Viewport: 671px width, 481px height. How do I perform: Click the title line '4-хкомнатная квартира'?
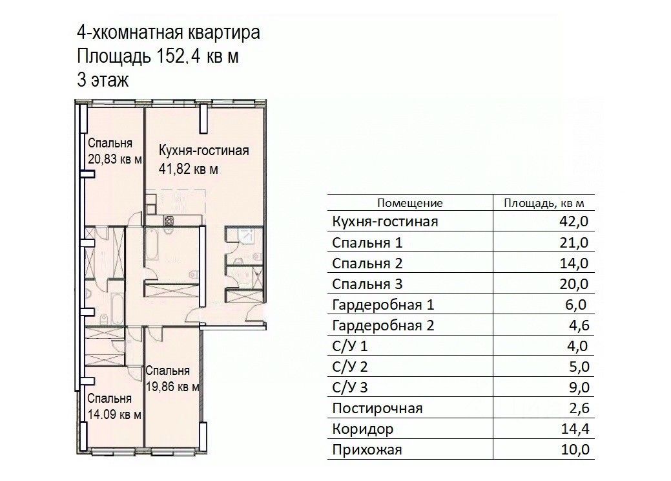coord(169,33)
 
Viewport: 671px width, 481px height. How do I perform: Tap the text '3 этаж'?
coord(103,80)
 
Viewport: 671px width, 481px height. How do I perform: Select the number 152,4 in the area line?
coord(178,56)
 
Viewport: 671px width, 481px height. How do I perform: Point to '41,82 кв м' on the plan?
coord(189,169)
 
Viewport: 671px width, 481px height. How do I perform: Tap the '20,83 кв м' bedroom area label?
coord(114,160)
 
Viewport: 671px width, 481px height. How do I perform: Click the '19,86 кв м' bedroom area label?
coord(171,387)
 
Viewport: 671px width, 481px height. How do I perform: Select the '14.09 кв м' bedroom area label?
coord(114,414)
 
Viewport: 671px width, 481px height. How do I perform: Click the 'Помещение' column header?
coord(410,203)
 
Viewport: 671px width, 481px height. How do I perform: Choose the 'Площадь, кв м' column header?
coord(548,203)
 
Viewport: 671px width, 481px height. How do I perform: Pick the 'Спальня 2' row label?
coord(367,263)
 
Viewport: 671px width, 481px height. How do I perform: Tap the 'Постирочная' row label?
coord(377,408)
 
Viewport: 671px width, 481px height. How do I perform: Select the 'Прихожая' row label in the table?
coord(367,449)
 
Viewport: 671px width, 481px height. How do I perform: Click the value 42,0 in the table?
coord(575,222)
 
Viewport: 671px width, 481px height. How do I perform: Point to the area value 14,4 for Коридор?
coord(575,429)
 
